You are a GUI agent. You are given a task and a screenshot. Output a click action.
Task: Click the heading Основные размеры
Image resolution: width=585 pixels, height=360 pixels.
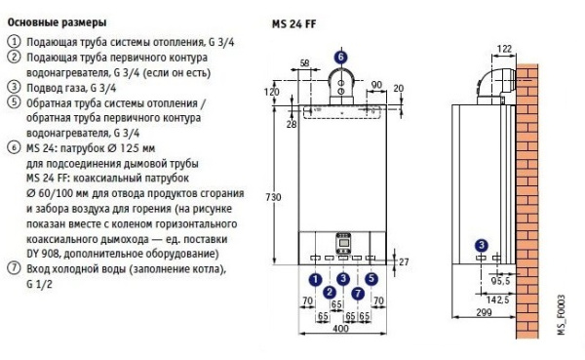[57, 20]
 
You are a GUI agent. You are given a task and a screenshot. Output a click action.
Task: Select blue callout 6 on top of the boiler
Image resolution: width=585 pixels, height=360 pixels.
[340, 58]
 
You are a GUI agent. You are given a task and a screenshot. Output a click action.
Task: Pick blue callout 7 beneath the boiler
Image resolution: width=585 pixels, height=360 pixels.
[358, 292]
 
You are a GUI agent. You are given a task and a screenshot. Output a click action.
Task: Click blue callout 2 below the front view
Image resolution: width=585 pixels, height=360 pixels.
[330, 292]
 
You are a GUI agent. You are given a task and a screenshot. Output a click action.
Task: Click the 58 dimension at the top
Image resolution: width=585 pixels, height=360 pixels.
[304, 63]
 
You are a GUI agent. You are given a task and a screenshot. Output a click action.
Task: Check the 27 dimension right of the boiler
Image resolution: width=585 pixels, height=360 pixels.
[406, 260]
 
